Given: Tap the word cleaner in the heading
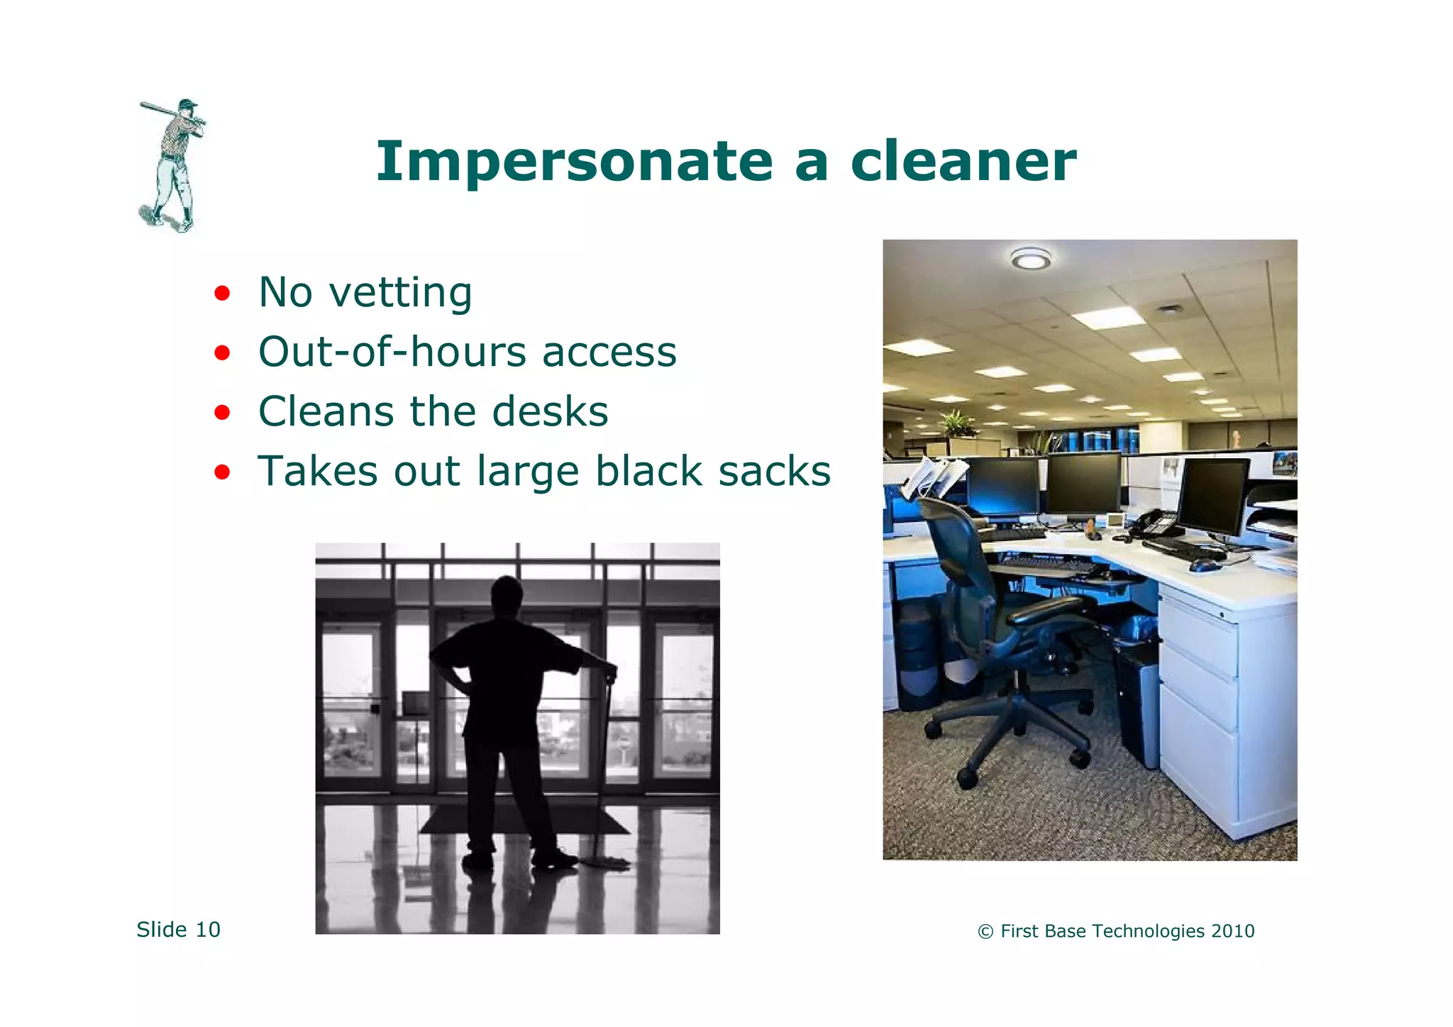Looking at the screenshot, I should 963,162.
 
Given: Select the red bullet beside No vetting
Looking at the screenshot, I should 222,293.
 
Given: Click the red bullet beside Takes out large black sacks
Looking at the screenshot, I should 222,472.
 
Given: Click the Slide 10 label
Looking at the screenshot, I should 178,929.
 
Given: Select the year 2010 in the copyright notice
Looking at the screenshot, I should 1233,931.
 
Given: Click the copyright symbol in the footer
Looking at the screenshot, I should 985,932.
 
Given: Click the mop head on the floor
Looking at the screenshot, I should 607,862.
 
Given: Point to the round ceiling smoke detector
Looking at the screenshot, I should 1030,260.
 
